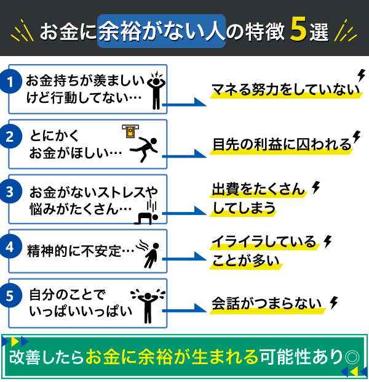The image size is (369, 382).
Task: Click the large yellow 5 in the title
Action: tap(298, 30)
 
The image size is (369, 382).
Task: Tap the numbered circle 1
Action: tap(10, 81)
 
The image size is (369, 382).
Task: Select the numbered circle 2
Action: tap(10, 136)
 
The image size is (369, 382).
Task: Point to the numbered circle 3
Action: tap(10, 192)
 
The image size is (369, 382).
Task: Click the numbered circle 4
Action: tap(10, 246)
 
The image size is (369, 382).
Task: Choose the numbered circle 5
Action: tap(10, 295)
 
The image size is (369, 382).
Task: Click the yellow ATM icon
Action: tap(130, 131)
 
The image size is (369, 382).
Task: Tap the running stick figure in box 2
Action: tap(144, 149)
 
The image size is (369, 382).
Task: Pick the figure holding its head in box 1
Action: tap(156, 91)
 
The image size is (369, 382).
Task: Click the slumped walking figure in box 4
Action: tap(148, 254)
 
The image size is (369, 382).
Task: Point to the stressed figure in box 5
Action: tap(148, 306)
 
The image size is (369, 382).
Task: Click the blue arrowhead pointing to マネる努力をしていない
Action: tap(200, 102)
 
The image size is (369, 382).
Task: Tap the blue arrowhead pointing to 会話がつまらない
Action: tap(200, 308)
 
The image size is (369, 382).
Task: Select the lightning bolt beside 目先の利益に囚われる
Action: tap(357, 137)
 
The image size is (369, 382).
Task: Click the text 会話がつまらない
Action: tap(266, 304)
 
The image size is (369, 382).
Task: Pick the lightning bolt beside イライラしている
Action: tap(327, 242)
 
